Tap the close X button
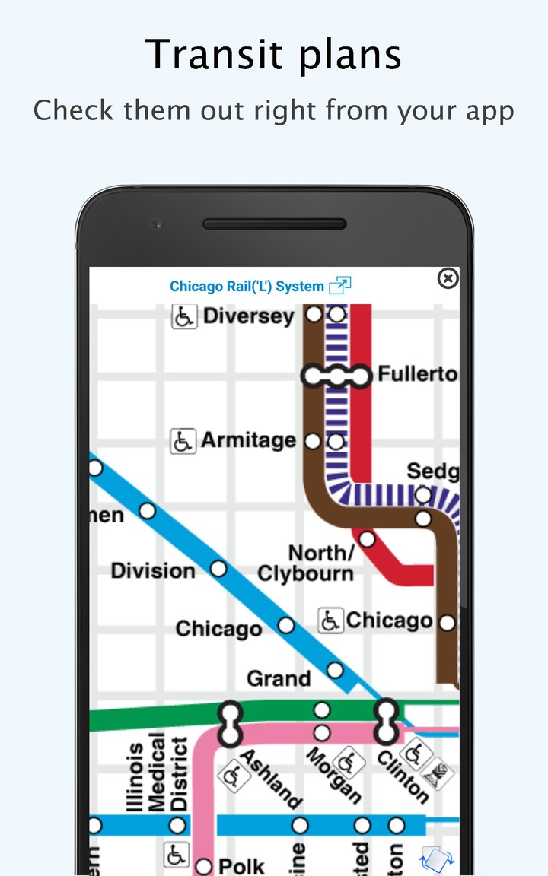point(448,279)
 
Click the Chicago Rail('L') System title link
point(247,287)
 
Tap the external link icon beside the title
point(339,286)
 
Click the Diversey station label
point(248,316)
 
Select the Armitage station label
point(248,440)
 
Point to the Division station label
point(153,570)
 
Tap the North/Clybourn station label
point(306,563)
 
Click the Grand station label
point(279,678)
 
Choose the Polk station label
point(241,865)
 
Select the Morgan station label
point(333,776)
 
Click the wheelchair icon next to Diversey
point(184,316)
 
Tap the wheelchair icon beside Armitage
point(183,440)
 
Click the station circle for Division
point(218,568)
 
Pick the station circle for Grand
point(335,670)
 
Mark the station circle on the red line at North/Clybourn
point(368,539)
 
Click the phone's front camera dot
point(155,224)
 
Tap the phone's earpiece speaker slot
point(274,224)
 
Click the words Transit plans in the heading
point(274,55)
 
